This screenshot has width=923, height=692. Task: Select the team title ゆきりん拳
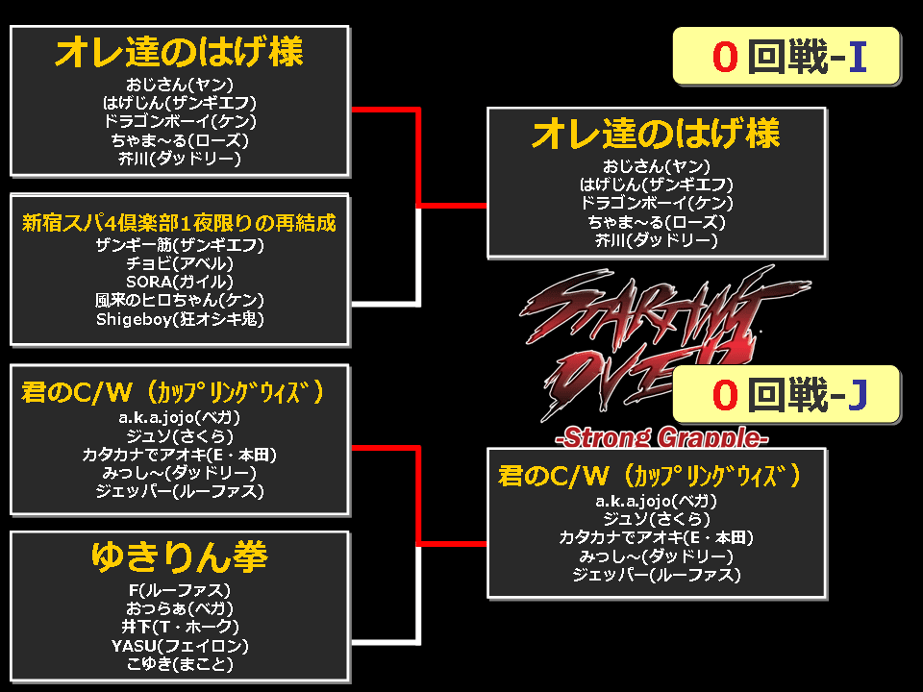[x=179, y=556]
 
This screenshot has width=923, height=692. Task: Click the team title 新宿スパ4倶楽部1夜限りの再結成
[x=179, y=223]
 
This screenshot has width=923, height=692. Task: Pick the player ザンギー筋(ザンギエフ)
[x=179, y=244]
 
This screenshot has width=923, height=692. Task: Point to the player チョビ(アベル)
[x=179, y=262]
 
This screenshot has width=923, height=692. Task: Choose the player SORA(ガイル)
[x=179, y=281]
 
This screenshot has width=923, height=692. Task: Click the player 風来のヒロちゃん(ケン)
[x=179, y=299]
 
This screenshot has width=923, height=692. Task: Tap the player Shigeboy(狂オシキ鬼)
[x=179, y=318]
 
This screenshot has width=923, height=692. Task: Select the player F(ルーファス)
[x=179, y=589]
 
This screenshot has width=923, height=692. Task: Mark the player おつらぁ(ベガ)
[x=179, y=607]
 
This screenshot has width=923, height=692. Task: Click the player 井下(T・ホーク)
[x=179, y=627]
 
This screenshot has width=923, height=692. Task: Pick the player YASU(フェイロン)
[x=179, y=645]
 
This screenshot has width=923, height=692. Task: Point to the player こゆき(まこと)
[x=179, y=663]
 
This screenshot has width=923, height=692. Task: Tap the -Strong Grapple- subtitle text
[x=661, y=438]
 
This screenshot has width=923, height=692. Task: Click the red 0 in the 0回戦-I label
[x=725, y=58]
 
